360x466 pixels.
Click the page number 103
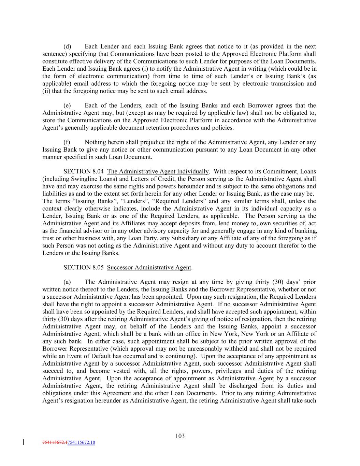[x=180, y=436]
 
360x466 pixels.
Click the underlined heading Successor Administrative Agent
[x=149, y=267]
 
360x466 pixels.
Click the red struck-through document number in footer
[x=55, y=442]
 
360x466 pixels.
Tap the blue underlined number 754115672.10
[x=82, y=442]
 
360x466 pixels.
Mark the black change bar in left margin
[x=23, y=442]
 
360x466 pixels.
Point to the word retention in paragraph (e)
[x=173, y=128]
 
